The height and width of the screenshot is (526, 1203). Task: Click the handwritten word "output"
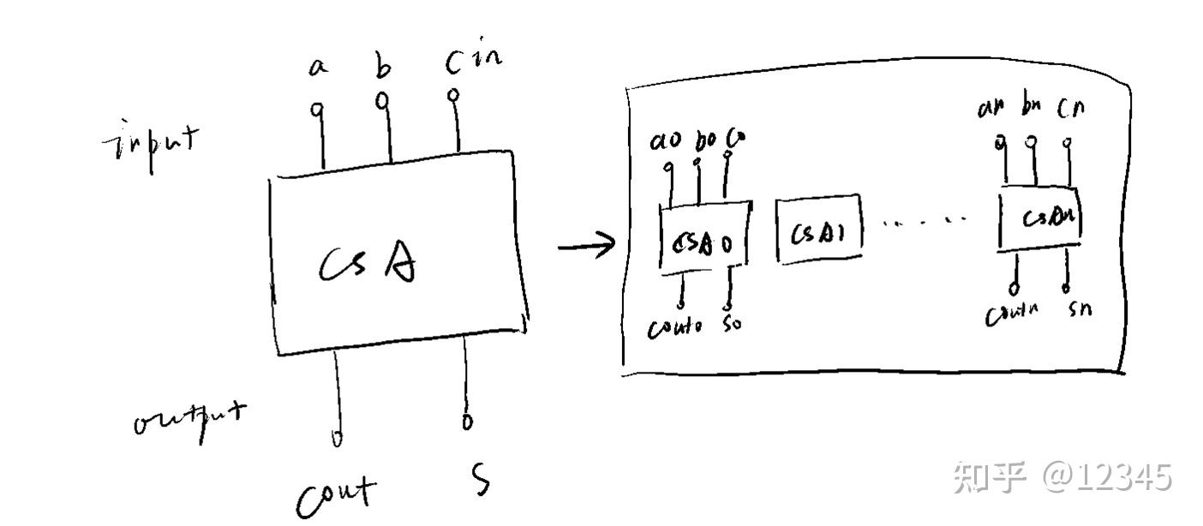pyautogui.click(x=189, y=420)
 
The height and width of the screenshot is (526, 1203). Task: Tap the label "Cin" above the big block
pyautogui.click(x=473, y=60)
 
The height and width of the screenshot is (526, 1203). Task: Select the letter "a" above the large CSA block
pyautogui.click(x=318, y=67)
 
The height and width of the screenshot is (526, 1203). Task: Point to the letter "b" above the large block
pyautogui.click(x=382, y=64)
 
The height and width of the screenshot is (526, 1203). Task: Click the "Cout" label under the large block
pyautogui.click(x=337, y=495)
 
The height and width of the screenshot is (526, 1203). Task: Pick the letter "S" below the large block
pyautogui.click(x=482, y=480)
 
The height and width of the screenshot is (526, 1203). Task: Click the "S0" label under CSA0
pyautogui.click(x=733, y=326)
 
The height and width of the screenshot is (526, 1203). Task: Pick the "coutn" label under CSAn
pyautogui.click(x=1012, y=314)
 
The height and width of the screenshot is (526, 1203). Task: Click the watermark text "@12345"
pyautogui.click(x=1106, y=476)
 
